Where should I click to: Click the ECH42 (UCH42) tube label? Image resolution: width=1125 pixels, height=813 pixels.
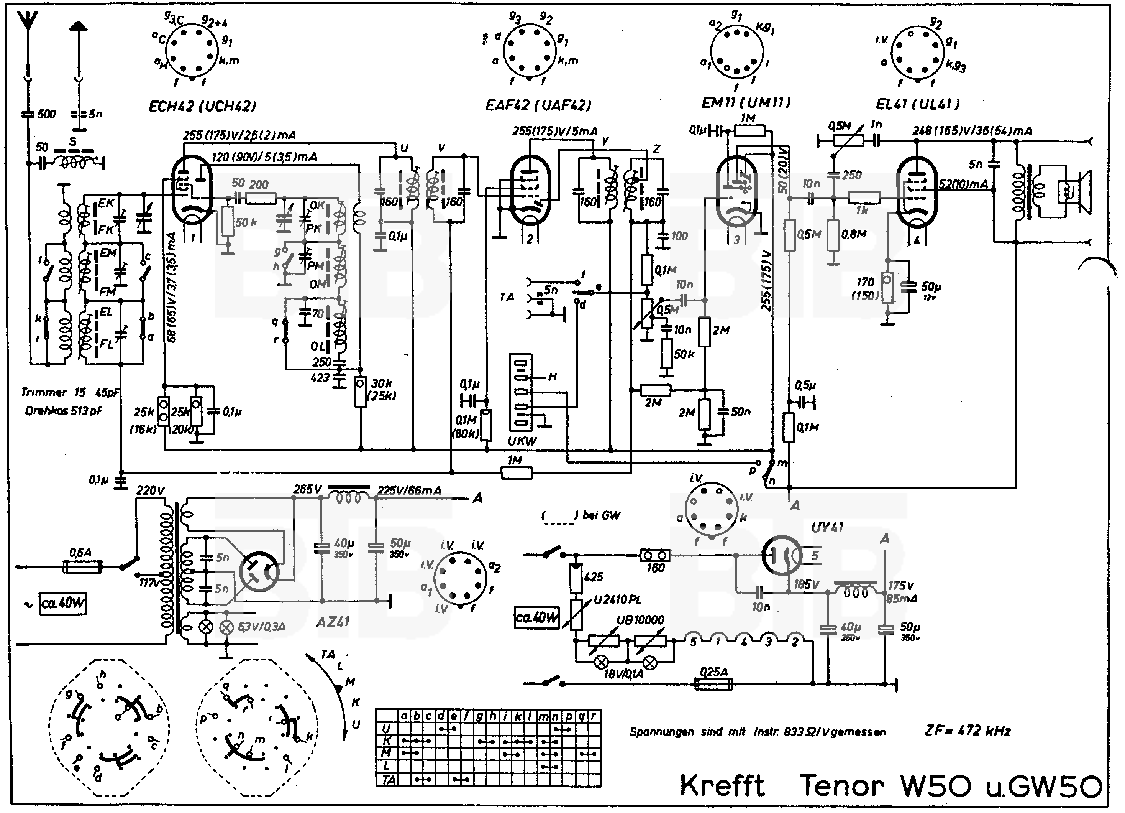202,106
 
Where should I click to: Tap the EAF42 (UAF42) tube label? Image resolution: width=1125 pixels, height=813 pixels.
538,105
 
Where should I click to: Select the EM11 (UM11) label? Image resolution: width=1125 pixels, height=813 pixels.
746,103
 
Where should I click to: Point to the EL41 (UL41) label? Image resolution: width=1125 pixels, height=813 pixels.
918,104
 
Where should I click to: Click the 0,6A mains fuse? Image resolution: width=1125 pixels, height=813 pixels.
83,566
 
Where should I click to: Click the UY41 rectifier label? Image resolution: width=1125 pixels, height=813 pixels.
827,527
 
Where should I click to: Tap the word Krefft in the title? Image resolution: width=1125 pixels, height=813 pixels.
722,786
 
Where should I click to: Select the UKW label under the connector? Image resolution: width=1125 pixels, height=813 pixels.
522,441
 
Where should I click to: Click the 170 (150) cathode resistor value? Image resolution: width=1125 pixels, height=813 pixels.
865,288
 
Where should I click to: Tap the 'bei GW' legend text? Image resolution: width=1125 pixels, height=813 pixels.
601,515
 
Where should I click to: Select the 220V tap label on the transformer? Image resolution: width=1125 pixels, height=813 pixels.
150,491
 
